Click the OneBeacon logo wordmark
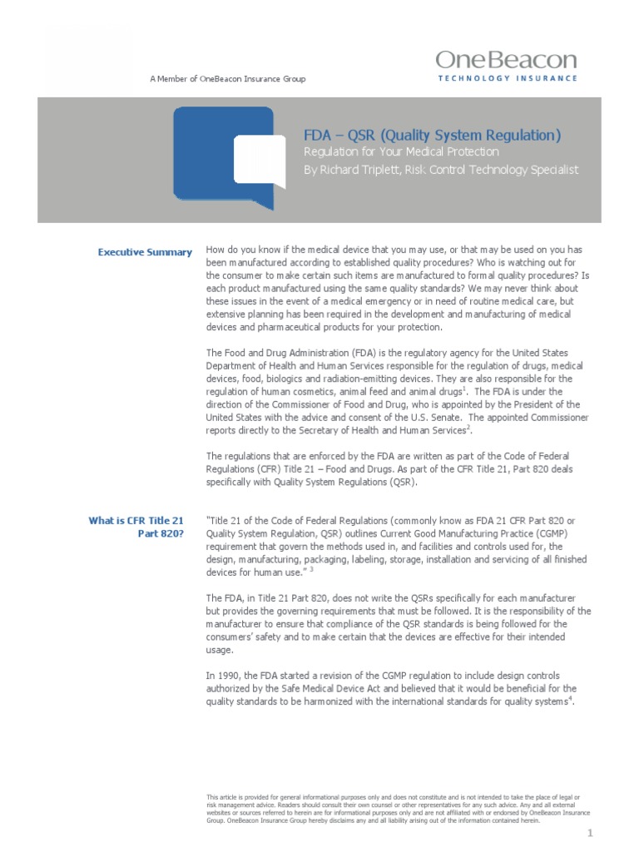[x=506, y=60]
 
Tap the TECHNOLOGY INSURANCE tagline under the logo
[x=507, y=78]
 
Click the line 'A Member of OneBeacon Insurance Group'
[x=227, y=79]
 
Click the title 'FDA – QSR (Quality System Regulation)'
[x=431, y=135]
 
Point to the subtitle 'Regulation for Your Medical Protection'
[x=400, y=152]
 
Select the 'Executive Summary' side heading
[x=145, y=252]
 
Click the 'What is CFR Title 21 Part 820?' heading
[x=136, y=527]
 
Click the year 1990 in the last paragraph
[x=229, y=676]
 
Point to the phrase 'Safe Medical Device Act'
[x=313, y=689]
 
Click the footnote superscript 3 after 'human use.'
[x=310, y=570]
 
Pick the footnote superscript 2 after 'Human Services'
[x=469, y=427]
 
